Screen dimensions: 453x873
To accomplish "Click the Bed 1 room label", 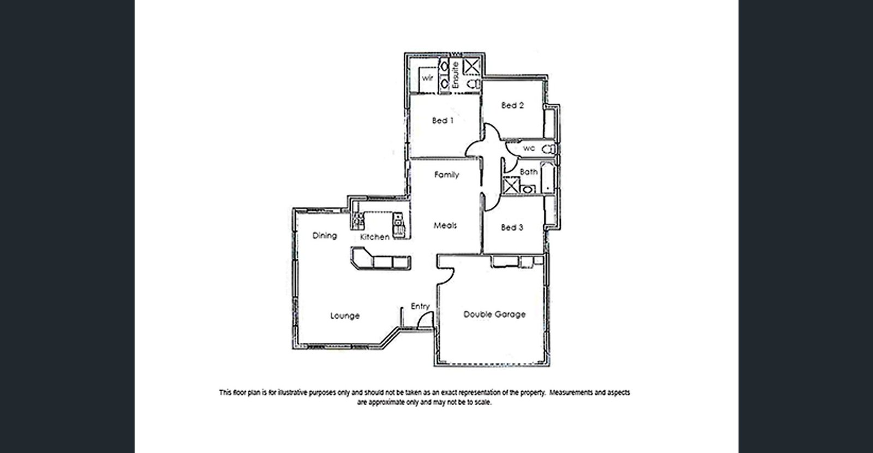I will [x=443, y=121].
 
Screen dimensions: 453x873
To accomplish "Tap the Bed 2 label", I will [x=512, y=105].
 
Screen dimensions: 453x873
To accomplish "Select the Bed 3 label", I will [x=512, y=228].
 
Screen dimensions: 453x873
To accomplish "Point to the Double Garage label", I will [x=494, y=314].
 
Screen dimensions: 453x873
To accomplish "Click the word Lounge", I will [x=345, y=315].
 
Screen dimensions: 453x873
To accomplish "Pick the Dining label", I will [x=325, y=236].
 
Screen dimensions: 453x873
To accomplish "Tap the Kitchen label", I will [x=374, y=237].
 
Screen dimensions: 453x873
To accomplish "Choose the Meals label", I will [x=445, y=225].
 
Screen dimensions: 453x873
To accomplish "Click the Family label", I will [x=446, y=175].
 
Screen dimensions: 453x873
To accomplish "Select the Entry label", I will [x=420, y=306].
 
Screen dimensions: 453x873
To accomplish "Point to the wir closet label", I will [x=427, y=78].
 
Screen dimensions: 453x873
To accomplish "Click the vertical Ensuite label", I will [x=456, y=75].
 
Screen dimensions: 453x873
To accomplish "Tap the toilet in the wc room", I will [x=548, y=149].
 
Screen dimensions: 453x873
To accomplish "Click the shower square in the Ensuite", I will [x=471, y=67].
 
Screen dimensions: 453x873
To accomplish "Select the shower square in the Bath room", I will [x=511, y=186].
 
